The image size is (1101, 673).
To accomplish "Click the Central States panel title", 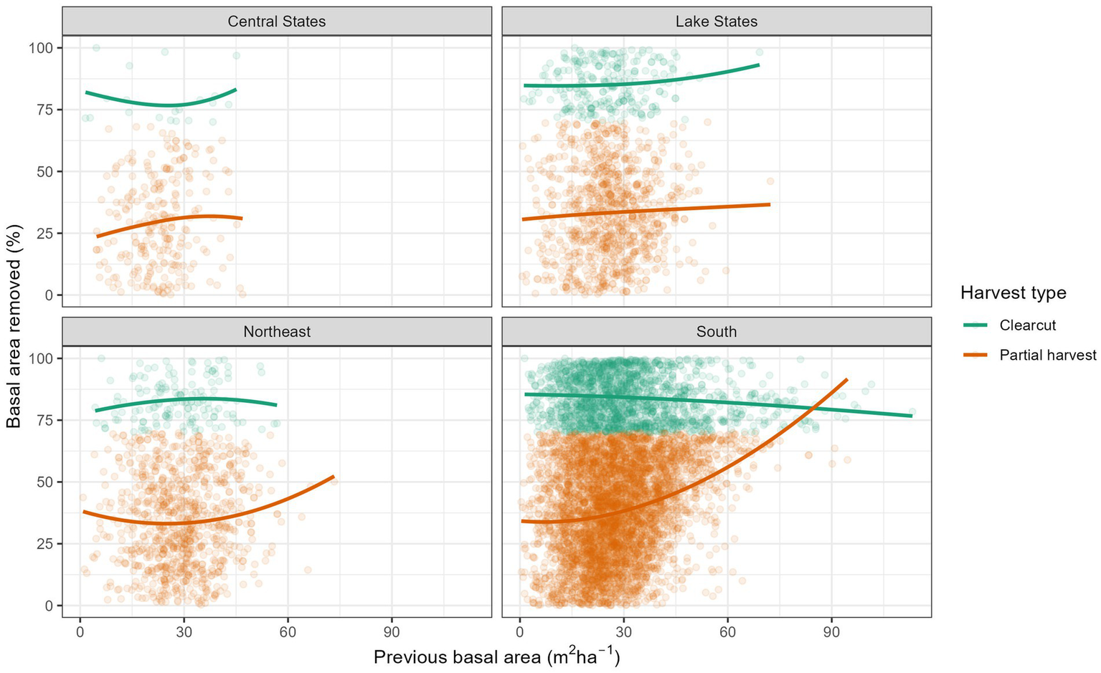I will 276,22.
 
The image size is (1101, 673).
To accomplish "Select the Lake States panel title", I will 716,22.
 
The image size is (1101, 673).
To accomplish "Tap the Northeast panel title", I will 276,332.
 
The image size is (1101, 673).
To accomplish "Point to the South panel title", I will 716,332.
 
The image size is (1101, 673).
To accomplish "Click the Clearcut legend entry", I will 1027,325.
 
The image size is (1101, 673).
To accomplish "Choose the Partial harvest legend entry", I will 1047,355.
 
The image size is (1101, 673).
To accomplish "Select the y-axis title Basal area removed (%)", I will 14,326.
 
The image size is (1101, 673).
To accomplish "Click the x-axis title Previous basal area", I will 496,657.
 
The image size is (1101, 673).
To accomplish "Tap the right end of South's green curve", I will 912,416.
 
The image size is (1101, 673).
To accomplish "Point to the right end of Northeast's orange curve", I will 334,477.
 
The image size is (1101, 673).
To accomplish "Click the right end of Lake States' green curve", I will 759,65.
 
